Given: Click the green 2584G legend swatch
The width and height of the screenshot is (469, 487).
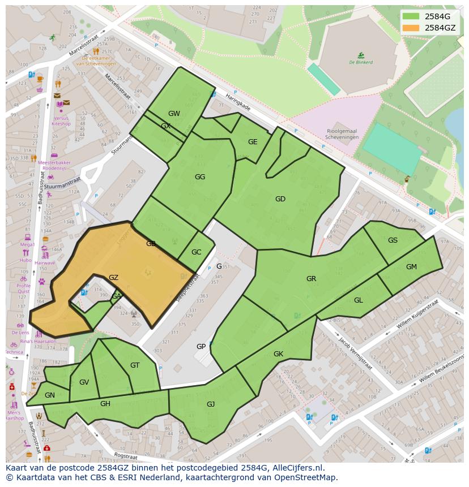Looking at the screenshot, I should [x=411, y=16].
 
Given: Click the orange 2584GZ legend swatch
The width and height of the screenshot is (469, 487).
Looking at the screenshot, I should [x=411, y=28].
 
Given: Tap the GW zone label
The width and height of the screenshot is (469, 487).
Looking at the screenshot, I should [x=174, y=114].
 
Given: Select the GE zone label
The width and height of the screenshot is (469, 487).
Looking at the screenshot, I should [x=253, y=142].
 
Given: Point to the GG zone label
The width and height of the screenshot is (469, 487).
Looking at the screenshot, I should [x=200, y=177].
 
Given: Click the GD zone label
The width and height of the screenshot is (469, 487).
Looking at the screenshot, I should [x=280, y=199].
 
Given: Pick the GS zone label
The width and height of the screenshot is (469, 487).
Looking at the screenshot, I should [x=393, y=240].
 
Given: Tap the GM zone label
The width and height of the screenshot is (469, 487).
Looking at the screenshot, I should [x=411, y=267].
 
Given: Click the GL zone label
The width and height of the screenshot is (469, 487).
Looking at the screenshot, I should [x=359, y=300].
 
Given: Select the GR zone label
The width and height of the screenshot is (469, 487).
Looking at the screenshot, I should [x=311, y=279].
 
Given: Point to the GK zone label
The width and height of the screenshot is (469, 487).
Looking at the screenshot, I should [x=278, y=354].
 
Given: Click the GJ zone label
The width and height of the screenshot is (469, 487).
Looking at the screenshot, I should [x=211, y=404].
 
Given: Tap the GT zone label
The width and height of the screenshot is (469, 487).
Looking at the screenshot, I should [x=135, y=365].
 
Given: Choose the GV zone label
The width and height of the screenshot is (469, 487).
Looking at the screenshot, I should [x=84, y=382].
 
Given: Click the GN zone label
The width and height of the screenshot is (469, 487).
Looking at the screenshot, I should [x=50, y=395].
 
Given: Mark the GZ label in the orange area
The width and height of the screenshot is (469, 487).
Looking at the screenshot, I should [x=113, y=278].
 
